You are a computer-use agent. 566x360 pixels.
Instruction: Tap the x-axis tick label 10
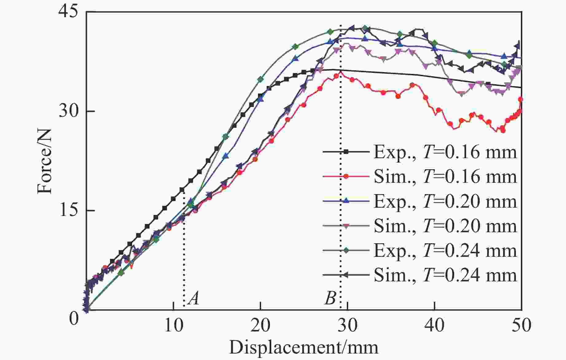(x=174, y=325)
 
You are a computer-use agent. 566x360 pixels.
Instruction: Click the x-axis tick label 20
(x=260, y=325)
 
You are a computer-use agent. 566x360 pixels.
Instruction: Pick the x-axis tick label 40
(x=435, y=325)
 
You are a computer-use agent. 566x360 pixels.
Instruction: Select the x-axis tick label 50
(x=521, y=325)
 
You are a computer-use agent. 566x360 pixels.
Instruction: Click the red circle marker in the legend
(x=346, y=177)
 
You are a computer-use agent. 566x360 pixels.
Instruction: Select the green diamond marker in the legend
(x=346, y=250)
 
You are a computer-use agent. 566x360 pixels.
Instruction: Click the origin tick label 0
(x=74, y=319)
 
